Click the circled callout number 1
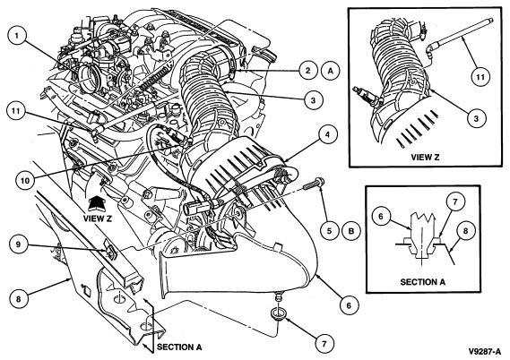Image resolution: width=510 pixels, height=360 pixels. [x=17, y=35]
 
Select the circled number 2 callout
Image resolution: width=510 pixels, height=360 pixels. [x=307, y=70]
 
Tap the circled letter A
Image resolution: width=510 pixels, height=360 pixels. [x=331, y=70]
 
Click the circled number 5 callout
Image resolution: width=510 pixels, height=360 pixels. [x=329, y=231]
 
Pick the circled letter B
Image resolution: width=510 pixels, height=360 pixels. [x=351, y=231]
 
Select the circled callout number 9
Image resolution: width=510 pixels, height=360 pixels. [x=18, y=244]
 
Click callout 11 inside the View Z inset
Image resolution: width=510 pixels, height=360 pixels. [x=480, y=77]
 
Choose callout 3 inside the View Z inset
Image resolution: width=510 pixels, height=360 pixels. [x=476, y=117]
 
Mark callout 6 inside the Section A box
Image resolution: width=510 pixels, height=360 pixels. [x=381, y=216]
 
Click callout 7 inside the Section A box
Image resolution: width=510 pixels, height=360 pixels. [x=454, y=201]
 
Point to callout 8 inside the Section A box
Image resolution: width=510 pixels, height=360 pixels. [x=465, y=230]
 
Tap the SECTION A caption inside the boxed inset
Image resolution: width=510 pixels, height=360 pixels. [x=422, y=282]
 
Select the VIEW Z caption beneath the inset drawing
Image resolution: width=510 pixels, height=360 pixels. [x=425, y=158]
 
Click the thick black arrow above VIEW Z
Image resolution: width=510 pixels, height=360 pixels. [x=98, y=203]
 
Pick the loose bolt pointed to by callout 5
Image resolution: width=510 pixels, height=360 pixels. [x=315, y=184]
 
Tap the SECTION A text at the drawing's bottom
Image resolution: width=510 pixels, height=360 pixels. [x=179, y=347]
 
